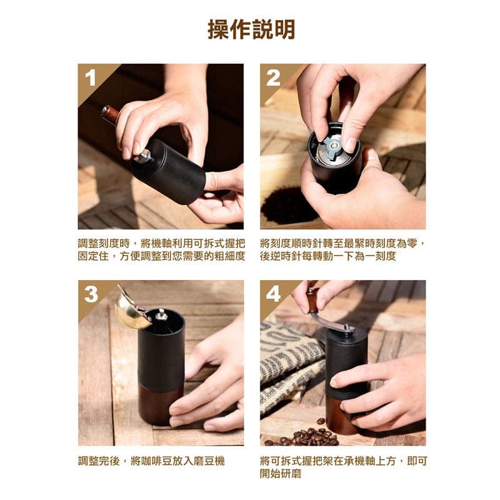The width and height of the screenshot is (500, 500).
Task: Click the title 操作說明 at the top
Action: (251, 29)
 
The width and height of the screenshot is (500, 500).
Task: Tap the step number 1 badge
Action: (91, 78)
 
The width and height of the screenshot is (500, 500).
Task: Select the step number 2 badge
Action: (273, 78)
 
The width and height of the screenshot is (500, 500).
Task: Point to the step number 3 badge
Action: (91, 294)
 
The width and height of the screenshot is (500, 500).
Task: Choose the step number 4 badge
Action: (273, 294)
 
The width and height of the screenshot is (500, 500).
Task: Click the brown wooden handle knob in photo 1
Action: (111, 114)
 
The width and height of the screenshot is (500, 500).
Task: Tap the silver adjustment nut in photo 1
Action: (143, 156)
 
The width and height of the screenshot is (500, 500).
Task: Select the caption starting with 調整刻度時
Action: (161, 249)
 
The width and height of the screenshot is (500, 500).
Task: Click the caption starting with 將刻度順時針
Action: (343, 249)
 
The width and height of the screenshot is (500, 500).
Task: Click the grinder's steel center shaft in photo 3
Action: (161, 314)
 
